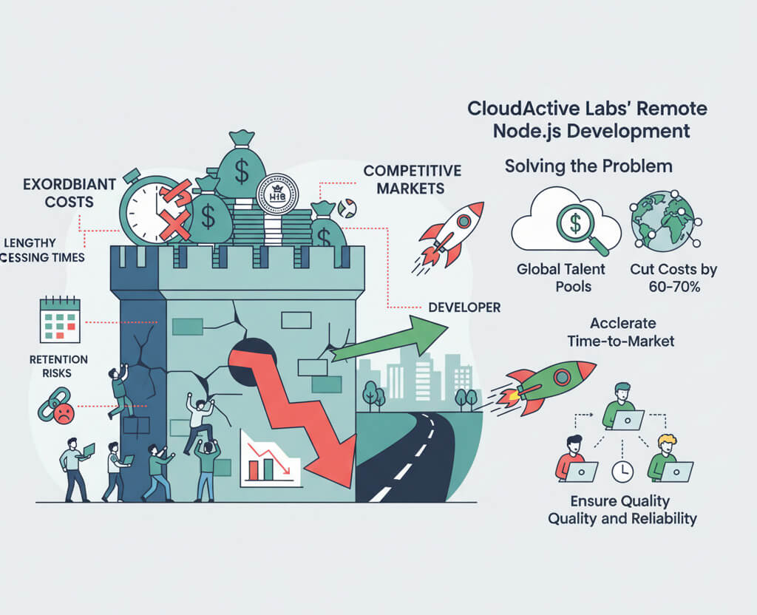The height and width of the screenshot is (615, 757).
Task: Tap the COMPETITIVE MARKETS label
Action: tap(412, 180)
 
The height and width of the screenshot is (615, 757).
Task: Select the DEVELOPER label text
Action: tap(464, 306)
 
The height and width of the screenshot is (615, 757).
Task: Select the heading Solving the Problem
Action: tap(588, 166)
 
